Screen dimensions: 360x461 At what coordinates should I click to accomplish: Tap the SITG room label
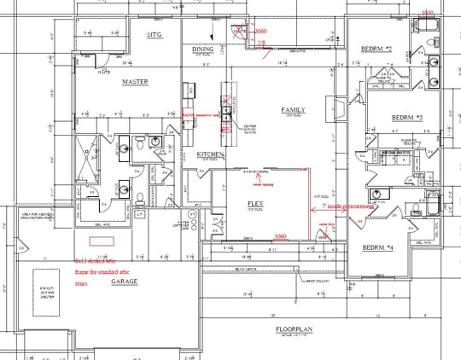(154, 35)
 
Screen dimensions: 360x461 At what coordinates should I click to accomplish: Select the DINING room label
(202, 49)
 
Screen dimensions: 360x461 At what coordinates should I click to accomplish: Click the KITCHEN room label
(210, 154)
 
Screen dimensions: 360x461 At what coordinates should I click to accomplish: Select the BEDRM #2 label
(376, 49)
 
